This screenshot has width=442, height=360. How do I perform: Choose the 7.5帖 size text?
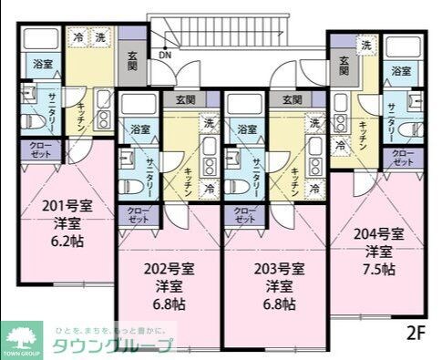click(380, 271)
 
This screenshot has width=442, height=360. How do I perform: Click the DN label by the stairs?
click(165, 55)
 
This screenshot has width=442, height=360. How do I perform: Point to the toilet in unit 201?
click(27, 118)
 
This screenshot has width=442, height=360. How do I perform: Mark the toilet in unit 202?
click(129, 185)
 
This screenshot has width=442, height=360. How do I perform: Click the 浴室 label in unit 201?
click(42, 64)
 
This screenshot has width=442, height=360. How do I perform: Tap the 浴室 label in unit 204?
click(400, 70)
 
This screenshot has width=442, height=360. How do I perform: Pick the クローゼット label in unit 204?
click(402, 157)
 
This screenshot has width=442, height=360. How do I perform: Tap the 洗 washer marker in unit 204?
click(365, 44)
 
